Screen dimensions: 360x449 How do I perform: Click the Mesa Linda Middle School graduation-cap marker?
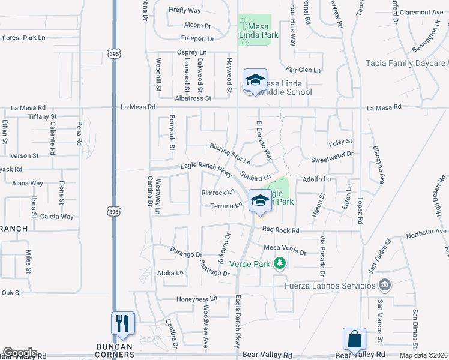coord(255,80)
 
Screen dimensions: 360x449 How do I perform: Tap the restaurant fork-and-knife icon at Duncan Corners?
coord(123,325)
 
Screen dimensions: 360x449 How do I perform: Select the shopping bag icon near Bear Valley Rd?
coord(355,340)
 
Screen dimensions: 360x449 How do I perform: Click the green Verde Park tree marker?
coord(279,263)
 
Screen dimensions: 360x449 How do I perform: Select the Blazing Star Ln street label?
coord(230,151)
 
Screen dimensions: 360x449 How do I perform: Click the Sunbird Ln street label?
coord(255,176)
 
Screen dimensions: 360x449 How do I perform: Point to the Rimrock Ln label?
coord(218,193)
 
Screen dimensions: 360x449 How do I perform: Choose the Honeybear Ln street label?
coord(196,299)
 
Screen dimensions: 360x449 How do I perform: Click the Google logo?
coord(20,353)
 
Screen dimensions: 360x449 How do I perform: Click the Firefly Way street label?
coord(185,11)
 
